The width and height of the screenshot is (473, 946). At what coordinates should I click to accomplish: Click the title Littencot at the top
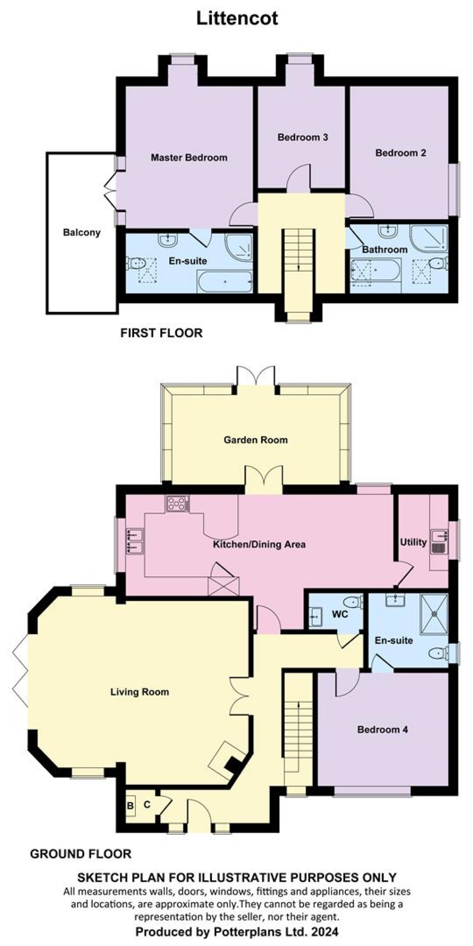pyautogui.click(x=237, y=19)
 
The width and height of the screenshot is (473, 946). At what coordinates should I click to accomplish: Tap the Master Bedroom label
pyautogui.click(x=189, y=158)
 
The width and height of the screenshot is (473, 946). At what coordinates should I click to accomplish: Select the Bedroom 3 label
pyautogui.click(x=303, y=137)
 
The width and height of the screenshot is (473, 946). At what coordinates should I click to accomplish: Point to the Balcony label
pyautogui.click(x=82, y=232)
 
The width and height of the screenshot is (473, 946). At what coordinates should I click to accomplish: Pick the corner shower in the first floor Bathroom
pyautogui.click(x=430, y=238)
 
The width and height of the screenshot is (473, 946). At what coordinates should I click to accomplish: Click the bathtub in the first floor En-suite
pyautogui.click(x=225, y=281)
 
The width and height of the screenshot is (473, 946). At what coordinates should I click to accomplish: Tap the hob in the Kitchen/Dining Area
pyautogui.click(x=178, y=503)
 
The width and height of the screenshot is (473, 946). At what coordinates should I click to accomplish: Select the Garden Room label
pyautogui.click(x=255, y=440)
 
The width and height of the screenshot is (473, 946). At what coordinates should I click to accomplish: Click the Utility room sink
pyautogui.click(x=438, y=542)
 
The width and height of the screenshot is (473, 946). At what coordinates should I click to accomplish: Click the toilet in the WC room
pyautogui.click(x=354, y=602)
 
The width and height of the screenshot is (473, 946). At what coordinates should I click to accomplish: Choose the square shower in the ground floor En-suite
pyautogui.click(x=434, y=613)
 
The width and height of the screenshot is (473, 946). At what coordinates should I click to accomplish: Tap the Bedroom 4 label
pyautogui.click(x=382, y=729)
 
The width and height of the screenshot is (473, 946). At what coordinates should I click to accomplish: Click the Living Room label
pyautogui.click(x=139, y=691)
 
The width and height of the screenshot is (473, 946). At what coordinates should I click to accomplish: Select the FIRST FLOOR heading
pyautogui.click(x=161, y=333)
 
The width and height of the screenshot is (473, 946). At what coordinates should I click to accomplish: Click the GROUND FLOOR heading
pyautogui.click(x=80, y=854)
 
